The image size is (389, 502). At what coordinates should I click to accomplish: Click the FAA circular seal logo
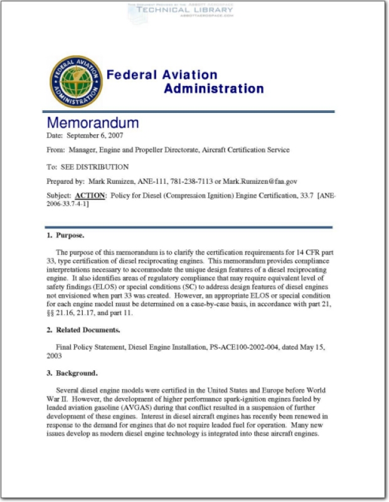coord(76,81)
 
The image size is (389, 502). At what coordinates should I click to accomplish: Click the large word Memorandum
coord(93,122)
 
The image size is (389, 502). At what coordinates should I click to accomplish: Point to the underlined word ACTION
coord(90,196)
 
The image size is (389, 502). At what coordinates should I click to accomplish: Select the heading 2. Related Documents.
coord(83,329)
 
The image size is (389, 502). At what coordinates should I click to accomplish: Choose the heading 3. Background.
coord(72,373)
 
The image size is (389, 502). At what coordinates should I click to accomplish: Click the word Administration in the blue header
coord(213,88)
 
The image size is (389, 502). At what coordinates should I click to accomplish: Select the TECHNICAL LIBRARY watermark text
coord(180,11)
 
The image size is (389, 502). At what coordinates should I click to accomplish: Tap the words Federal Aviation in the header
coord(161,75)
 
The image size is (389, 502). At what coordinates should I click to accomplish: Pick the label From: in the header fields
coord(56,150)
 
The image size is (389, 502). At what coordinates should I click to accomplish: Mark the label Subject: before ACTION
coord(59,196)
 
